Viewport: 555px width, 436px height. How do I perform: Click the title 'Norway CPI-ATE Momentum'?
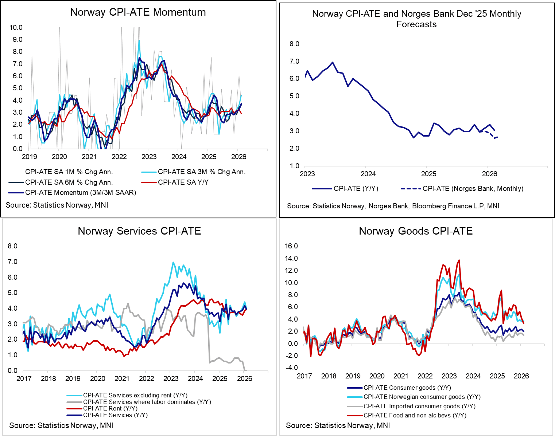[138, 12]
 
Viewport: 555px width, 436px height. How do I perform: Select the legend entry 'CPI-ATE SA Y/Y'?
[183, 182]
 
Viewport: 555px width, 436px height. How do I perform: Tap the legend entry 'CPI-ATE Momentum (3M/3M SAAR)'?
[80, 192]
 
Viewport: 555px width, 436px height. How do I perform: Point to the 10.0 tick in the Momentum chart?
[16, 28]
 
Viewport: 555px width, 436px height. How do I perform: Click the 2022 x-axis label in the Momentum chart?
[119, 157]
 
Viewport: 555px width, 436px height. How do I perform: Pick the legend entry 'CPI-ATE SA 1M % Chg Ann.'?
[69, 172]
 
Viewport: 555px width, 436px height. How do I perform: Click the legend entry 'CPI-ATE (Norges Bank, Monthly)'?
[473, 189]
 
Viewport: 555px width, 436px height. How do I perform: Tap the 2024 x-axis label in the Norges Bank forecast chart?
[368, 174]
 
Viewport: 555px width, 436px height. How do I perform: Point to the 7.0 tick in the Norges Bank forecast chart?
[294, 62]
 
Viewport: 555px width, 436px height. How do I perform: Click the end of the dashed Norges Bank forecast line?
[498, 137]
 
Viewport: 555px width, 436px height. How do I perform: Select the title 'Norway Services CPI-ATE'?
[139, 231]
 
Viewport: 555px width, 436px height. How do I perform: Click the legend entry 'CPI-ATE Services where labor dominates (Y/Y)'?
[147, 402]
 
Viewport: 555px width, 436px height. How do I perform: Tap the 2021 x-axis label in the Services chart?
[122, 378]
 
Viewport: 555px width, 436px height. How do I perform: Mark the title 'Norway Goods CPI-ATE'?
[416, 231]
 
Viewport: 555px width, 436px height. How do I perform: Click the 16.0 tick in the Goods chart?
[291, 246]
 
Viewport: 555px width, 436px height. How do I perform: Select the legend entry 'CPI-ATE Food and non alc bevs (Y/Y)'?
[415, 415]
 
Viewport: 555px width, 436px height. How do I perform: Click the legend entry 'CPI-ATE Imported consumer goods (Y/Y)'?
[419, 406]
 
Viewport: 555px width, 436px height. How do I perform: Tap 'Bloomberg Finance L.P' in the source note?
[448, 206]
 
